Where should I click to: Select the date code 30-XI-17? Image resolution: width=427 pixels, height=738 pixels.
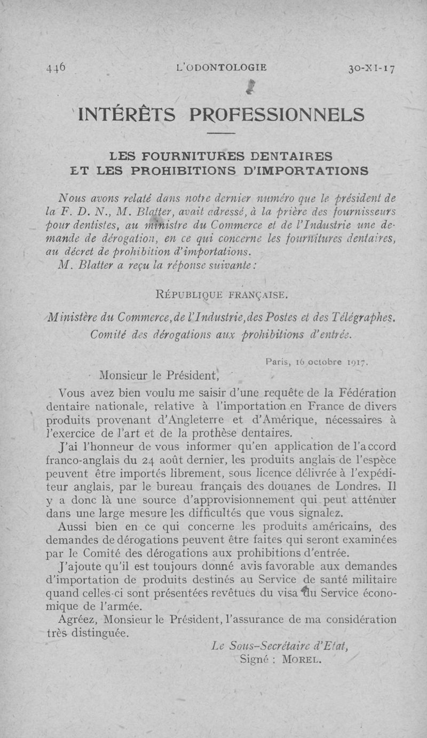coord(371,68)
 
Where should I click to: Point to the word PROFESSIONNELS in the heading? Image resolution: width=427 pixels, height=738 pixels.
coord(278,115)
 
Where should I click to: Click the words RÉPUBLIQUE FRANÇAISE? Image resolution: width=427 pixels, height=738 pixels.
coord(220,293)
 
